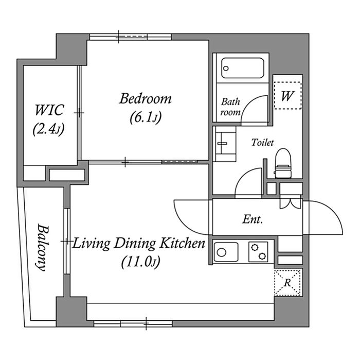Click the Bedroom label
pos(146,98)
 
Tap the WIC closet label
pos(49,110)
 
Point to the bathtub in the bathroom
pos(243,68)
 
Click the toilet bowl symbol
pos(283,163)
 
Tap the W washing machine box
pos(287,95)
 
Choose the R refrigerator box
pos(287,283)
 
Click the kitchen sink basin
pos(226,252)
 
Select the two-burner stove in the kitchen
pos(258,252)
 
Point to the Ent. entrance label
pos(253,219)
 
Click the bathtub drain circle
pos(226,68)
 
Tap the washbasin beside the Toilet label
pos(224,144)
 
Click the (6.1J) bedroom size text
pos(146,118)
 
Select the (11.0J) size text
pos(140,262)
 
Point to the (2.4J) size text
pos(48,129)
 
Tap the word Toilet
pos(262,142)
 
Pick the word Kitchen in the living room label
pos(182,244)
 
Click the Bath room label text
pos(230,107)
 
